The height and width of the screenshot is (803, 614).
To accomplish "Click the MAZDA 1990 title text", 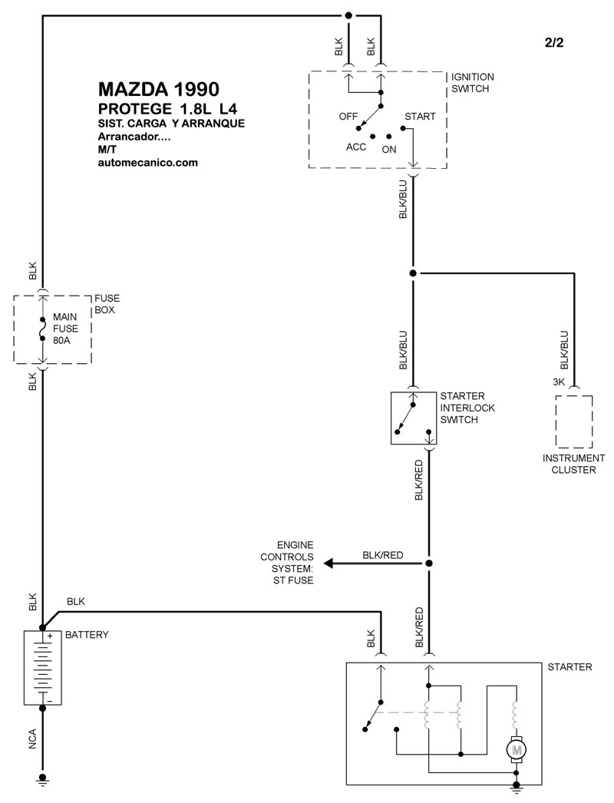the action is (159, 89).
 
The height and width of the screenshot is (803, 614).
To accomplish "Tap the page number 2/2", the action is (554, 42).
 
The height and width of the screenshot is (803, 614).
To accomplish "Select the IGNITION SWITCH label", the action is (472, 82).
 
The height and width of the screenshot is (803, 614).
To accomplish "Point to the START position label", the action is (420, 116).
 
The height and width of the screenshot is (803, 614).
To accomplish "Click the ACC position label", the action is (356, 147).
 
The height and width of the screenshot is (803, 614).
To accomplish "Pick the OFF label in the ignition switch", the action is (348, 116).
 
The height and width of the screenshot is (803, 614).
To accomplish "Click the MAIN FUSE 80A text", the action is (65, 329).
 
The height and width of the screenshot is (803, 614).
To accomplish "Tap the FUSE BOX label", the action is (107, 304).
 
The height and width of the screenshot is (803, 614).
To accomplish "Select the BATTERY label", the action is (87, 635).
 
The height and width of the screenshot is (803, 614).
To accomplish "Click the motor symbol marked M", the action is (517, 750).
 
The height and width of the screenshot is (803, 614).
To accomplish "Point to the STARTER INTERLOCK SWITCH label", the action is (467, 408).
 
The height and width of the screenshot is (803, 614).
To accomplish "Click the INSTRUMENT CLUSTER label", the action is (573, 464).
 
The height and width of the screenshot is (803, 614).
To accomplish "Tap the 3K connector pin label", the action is (559, 382).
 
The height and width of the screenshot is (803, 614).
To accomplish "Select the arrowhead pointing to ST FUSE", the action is (328, 563).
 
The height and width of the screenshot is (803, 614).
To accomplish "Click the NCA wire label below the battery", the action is (33, 739).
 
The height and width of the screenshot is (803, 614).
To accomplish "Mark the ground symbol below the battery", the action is (42, 780).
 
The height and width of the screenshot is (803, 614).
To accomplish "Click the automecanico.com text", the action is (148, 163).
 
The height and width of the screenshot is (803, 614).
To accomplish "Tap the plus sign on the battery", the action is (50, 636).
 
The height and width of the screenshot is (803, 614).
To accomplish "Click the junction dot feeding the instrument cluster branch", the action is (413, 273).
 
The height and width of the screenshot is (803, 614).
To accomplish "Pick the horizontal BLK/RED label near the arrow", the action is (382, 555).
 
